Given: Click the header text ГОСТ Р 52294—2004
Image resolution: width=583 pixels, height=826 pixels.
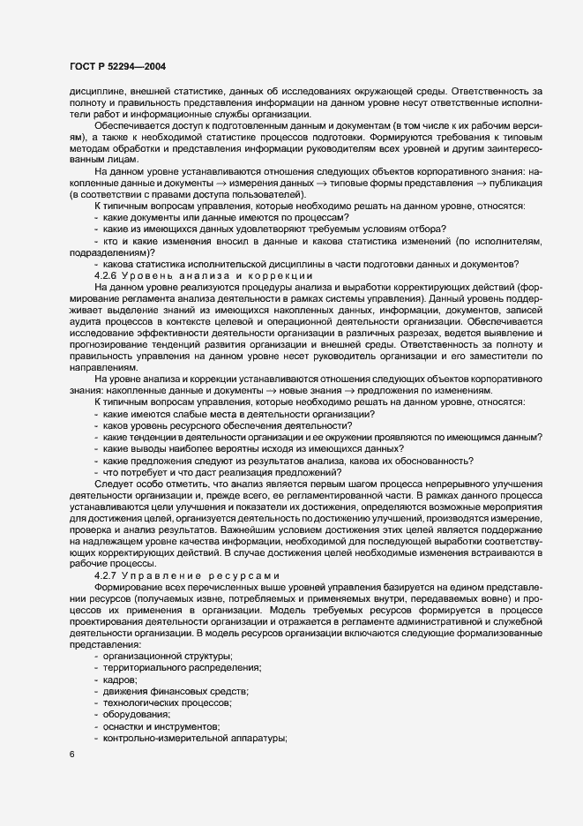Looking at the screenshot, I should click(x=117, y=67).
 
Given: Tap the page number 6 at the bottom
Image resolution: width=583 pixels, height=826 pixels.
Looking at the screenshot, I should click(x=71, y=754).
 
